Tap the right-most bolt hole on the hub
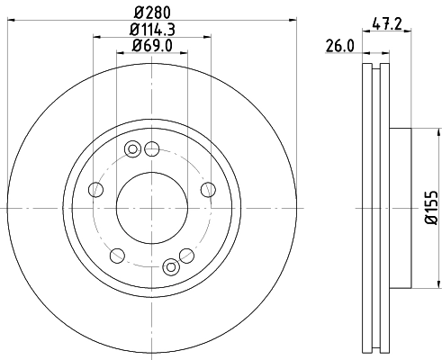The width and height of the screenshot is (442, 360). [x=208, y=189]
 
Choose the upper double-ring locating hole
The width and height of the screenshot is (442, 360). [x=134, y=149]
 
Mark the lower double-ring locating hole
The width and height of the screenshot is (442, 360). [x=171, y=266]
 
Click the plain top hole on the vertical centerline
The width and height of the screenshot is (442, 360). [x=152, y=148]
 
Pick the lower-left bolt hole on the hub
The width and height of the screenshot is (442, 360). [x=116, y=254]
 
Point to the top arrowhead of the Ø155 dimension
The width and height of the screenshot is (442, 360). [x=412, y=132]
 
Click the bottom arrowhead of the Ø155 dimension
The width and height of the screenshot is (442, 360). [x=412, y=289]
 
